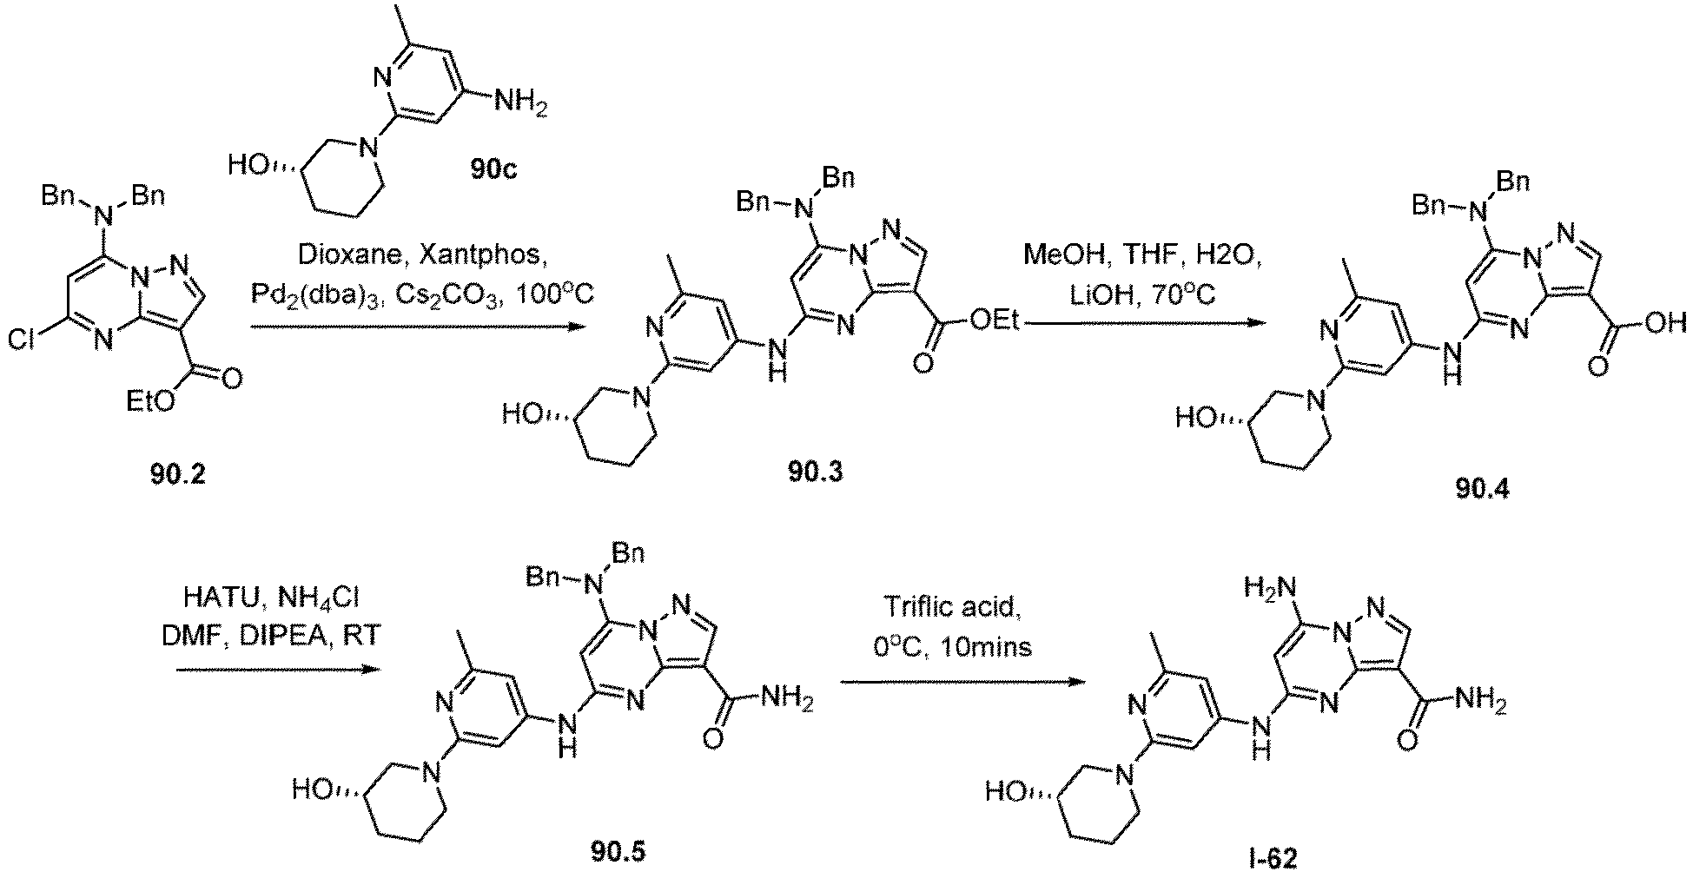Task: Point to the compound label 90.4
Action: tap(1482, 489)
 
